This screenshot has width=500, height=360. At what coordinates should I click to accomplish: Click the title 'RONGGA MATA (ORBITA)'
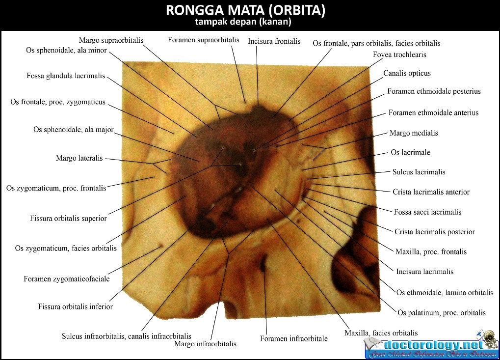[x=245, y=10]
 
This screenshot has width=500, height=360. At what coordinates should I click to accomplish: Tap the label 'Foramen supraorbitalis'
[x=204, y=40]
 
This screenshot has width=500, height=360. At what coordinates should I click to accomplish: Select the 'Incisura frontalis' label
[x=274, y=41]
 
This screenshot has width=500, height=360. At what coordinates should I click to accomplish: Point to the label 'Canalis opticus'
[x=407, y=73]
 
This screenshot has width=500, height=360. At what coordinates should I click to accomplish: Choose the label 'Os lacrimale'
[x=410, y=152]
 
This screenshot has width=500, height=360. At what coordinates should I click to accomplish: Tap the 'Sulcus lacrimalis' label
[x=419, y=172]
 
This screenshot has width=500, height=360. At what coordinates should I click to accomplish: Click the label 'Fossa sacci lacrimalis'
[x=427, y=212]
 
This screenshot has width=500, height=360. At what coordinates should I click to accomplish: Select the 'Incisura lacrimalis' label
[x=424, y=272]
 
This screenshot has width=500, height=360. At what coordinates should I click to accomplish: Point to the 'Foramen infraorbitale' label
[x=293, y=338]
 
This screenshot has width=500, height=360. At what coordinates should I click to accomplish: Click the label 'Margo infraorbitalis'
[x=205, y=344]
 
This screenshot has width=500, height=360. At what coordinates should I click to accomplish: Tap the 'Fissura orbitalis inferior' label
[x=76, y=306]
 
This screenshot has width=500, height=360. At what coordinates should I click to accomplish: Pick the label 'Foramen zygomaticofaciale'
[x=67, y=279]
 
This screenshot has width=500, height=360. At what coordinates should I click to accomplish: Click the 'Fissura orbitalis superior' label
[x=68, y=218]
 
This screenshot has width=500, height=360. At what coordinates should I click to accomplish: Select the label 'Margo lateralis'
[x=79, y=158]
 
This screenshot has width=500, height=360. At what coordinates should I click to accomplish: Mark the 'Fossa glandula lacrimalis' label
[x=66, y=76]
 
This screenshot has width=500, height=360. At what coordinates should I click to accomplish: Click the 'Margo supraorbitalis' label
[x=111, y=40]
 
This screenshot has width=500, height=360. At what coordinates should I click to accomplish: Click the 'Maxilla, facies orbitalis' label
[x=381, y=333]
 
